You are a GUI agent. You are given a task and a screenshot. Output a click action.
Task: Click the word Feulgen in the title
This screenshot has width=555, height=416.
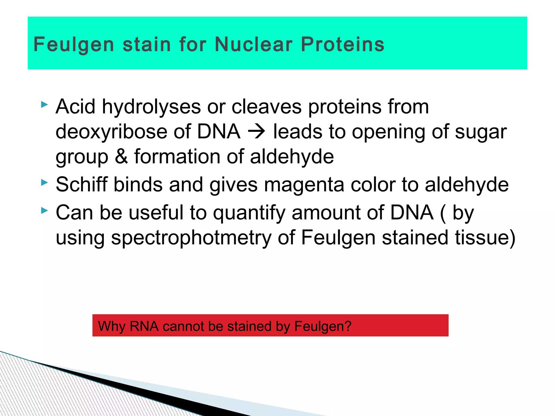[74, 45]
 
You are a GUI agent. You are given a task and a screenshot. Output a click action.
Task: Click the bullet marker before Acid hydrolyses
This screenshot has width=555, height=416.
[44, 105]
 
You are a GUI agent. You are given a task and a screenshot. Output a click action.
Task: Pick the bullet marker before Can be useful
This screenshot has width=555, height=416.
[44, 210]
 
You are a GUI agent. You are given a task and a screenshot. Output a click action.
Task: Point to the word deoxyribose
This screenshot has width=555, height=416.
[111, 132]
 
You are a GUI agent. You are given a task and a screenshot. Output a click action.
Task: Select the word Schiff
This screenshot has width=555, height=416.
[82, 184]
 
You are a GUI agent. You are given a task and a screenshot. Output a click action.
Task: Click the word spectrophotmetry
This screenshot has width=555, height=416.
[191, 238]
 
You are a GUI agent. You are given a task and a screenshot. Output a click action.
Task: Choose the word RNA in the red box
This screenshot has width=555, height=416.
[144, 326]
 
